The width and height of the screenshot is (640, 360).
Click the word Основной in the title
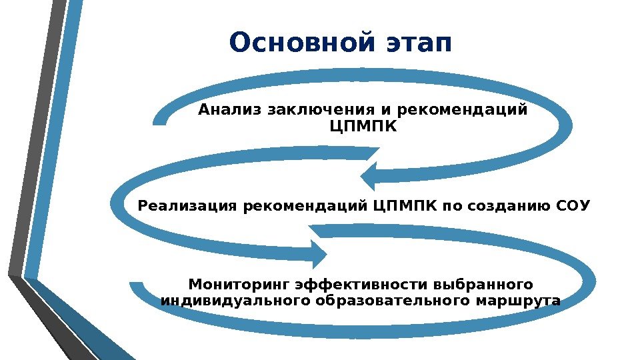click(x=303, y=44)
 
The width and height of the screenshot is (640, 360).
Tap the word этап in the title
click(x=419, y=44)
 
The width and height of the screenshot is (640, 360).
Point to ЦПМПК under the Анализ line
click(x=363, y=125)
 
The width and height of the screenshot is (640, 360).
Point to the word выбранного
click(x=485, y=285)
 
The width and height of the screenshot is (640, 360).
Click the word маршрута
click(x=517, y=301)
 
